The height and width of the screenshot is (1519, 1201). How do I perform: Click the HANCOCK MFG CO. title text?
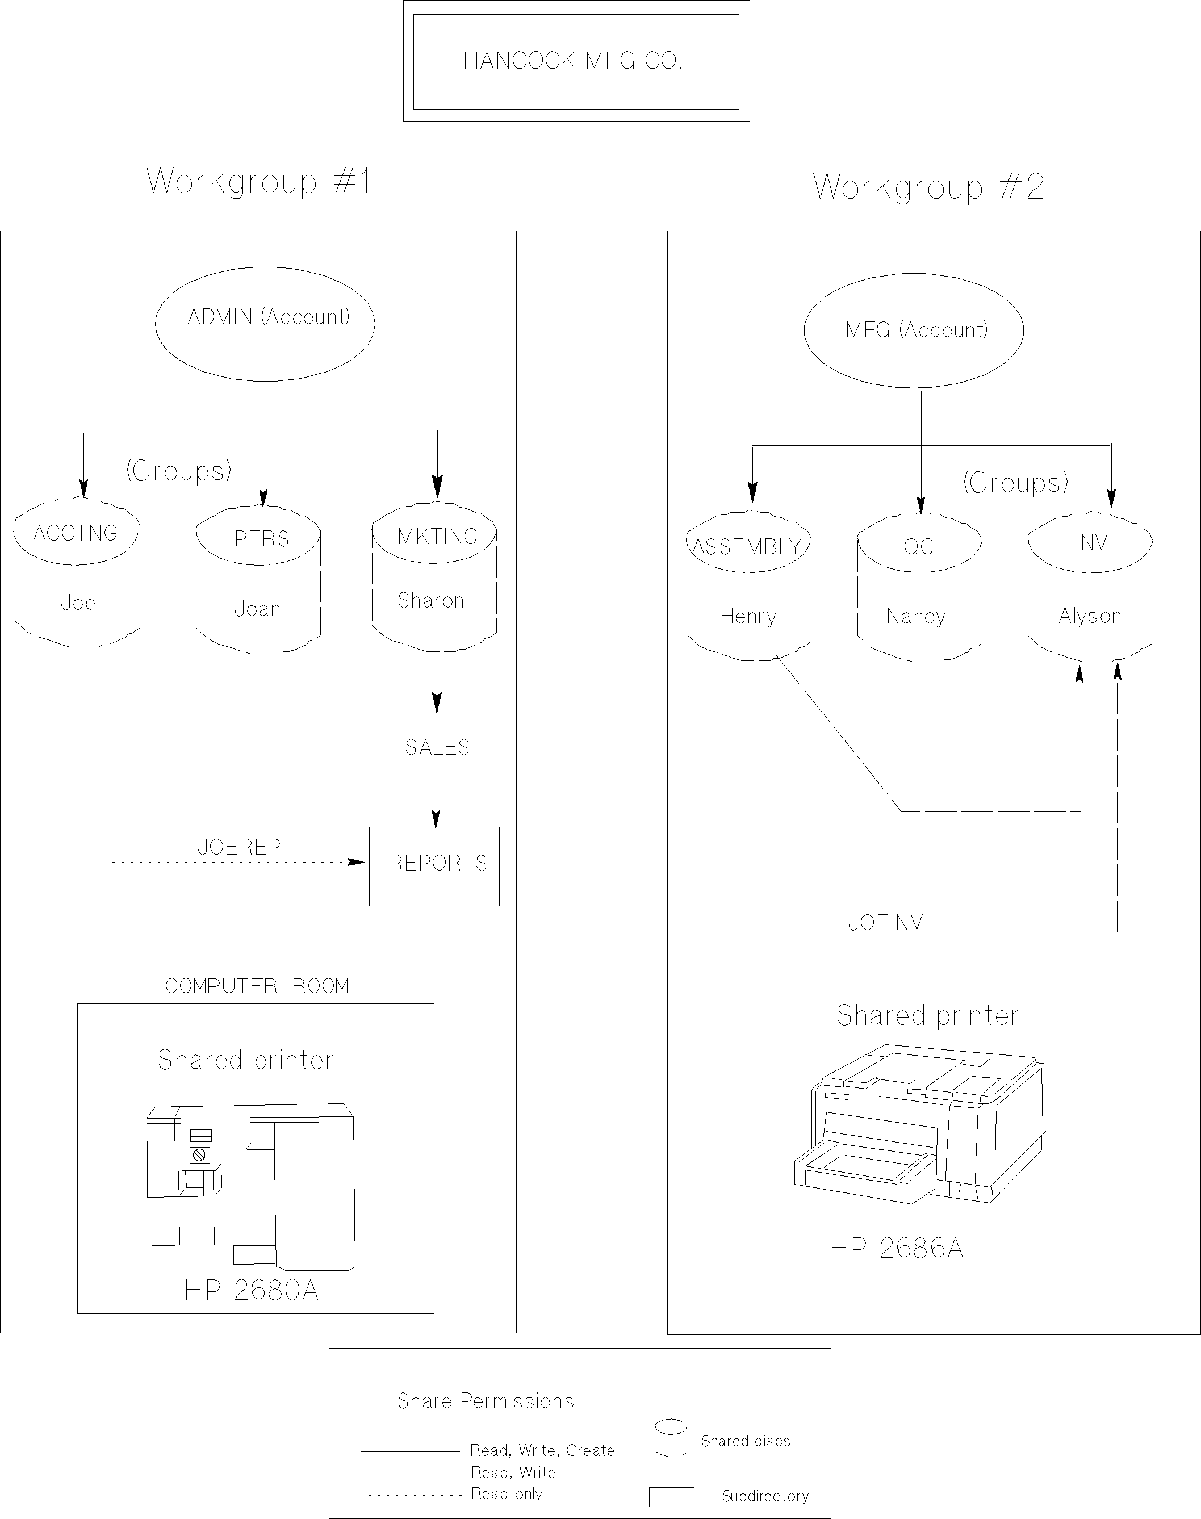click(573, 61)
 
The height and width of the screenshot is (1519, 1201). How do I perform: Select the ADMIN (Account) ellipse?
click(265, 324)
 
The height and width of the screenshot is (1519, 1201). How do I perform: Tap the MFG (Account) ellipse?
click(914, 330)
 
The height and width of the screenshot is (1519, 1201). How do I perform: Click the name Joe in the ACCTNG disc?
click(77, 602)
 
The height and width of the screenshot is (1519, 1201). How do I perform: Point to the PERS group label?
click(262, 539)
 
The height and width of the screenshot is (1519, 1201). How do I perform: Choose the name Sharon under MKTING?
click(430, 601)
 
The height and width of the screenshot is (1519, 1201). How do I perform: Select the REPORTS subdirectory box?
click(434, 866)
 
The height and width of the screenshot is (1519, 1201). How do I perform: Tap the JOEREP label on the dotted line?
click(239, 847)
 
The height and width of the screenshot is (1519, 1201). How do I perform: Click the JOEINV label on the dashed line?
click(885, 923)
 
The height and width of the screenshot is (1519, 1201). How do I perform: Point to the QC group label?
click(918, 546)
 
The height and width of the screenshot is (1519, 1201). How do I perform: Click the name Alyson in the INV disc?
click(1090, 616)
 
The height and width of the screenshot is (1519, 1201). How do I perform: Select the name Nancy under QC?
click(916, 617)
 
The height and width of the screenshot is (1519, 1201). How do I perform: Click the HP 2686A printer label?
click(897, 1248)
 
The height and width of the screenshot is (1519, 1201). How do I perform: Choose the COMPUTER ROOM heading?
click(257, 986)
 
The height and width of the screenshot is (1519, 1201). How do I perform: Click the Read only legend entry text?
click(507, 1493)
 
